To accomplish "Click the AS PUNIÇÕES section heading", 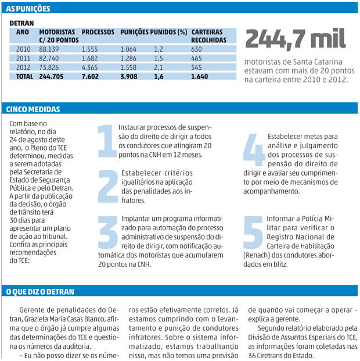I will pos(28,9).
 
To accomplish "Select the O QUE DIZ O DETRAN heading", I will pos(40,290).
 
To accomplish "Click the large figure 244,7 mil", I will pos(296,38).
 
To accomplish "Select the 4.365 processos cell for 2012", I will pos(92,67).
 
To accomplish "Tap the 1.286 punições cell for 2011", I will pos(128,59).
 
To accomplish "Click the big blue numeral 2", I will pos(108,185).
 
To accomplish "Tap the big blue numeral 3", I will pos(108,233).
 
